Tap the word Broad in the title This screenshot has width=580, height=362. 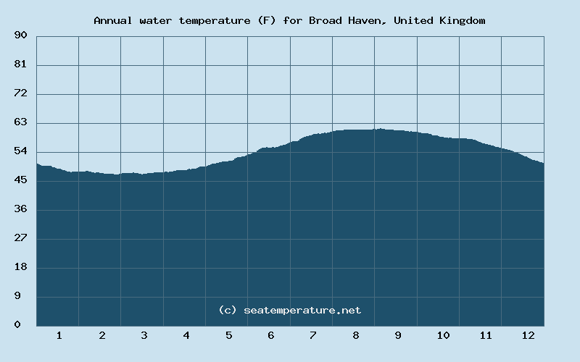[x=324, y=20]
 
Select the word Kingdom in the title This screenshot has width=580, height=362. [x=462, y=20]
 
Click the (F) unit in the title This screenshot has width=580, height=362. [x=265, y=20]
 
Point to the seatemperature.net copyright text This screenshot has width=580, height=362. [x=289, y=310]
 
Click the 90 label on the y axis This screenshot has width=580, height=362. [x=20, y=35]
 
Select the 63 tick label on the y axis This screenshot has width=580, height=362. [x=20, y=122]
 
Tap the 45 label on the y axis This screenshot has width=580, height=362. [x=20, y=180]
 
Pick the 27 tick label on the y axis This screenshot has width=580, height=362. [x=20, y=238]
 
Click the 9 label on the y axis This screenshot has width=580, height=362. [x=23, y=296]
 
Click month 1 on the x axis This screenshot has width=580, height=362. [x=59, y=335]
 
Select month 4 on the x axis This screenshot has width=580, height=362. [x=186, y=335]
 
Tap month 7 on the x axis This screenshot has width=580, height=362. [x=313, y=335]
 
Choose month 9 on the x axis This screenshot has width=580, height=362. [x=398, y=335]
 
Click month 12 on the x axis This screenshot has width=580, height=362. [x=528, y=335]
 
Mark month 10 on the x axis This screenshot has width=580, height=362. [x=443, y=335]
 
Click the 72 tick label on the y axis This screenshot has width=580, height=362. [x=20, y=93]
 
